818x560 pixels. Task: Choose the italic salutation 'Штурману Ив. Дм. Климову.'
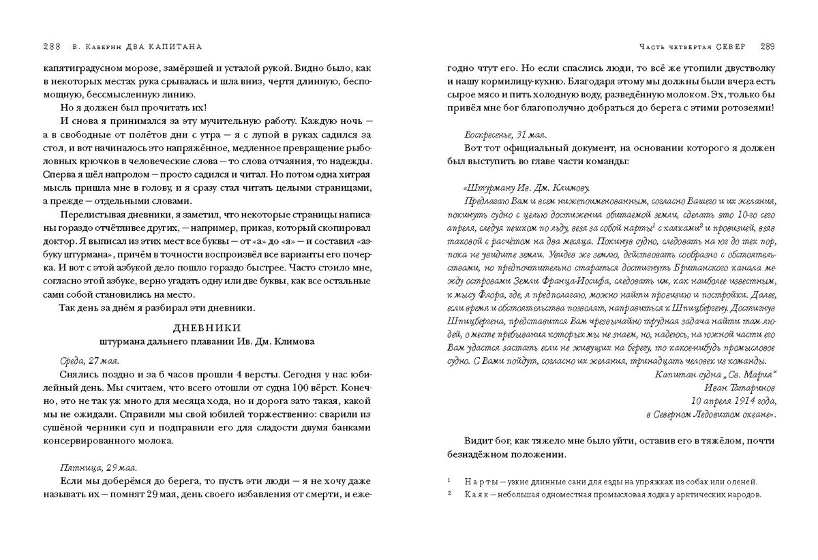pyautogui.click(x=526, y=187)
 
